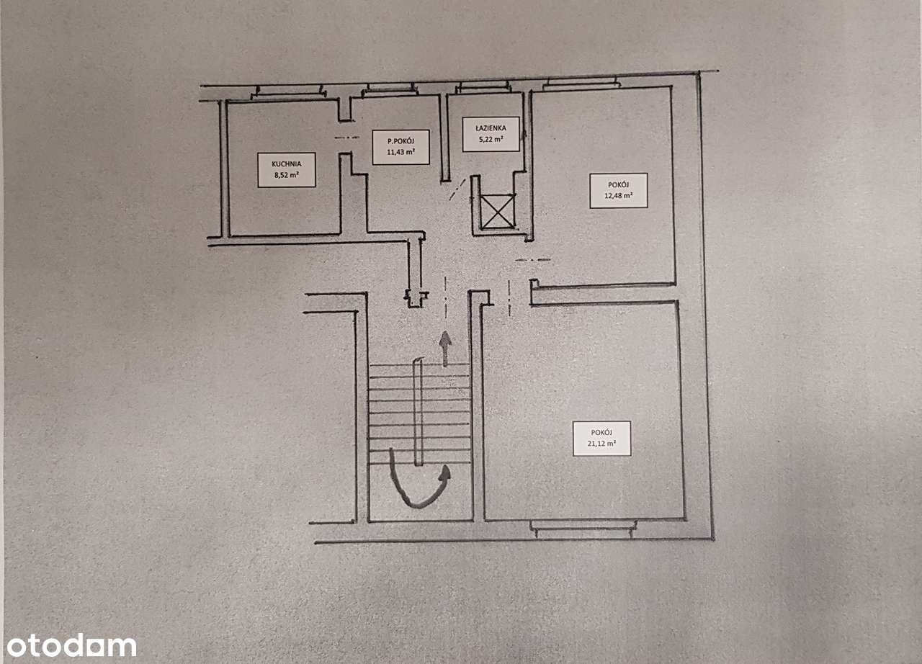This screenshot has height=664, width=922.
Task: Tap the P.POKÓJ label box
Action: pyautogui.click(x=401, y=148)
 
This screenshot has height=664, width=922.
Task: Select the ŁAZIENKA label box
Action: pyautogui.click(x=491, y=134)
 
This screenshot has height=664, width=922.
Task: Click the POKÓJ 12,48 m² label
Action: pyautogui.click(x=619, y=190)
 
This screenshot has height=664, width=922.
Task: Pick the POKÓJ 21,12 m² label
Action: pyautogui.click(x=601, y=438)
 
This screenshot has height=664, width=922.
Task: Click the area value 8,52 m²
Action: pyautogui.click(x=287, y=175)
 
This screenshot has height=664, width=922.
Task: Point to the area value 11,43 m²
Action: pyautogui.click(x=401, y=152)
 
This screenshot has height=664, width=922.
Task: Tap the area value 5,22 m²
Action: pyautogui.click(x=491, y=139)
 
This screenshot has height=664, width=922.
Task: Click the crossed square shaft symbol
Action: pyautogui.click(x=498, y=211)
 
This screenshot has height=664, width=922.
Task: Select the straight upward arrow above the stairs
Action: pyautogui.click(x=445, y=349)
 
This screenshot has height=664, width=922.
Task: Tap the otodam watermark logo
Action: pyautogui.click(x=71, y=645)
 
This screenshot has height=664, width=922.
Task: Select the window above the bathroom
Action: pyautogui.click(x=483, y=87)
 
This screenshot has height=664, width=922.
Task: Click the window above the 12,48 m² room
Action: pyautogui.click(x=581, y=83)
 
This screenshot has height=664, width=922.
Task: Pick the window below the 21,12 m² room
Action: pyautogui.click(x=583, y=529)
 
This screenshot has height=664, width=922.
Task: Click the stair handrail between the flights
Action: pyautogui.click(x=419, y=412)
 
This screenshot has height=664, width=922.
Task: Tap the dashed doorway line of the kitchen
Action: pyautogui.click(x=347, y=138)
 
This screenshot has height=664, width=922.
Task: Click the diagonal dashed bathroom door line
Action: pyautogui.click(x=457, y=189)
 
